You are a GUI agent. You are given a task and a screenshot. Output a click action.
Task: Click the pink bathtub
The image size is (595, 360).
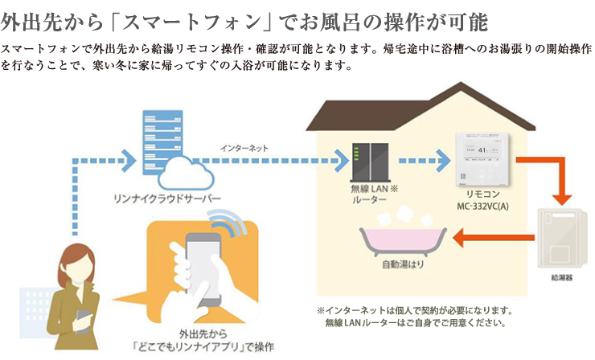(399, 237)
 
